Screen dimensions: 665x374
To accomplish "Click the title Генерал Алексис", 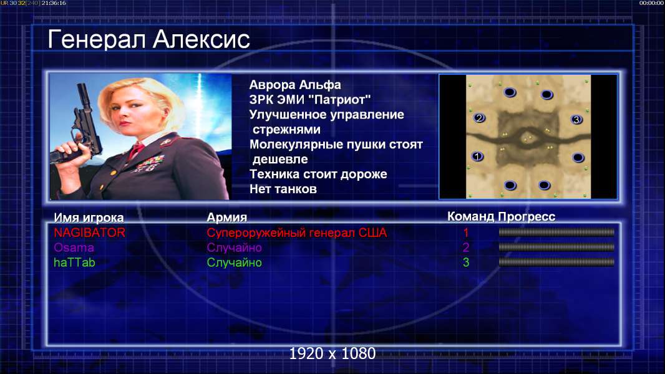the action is tap(149, 39).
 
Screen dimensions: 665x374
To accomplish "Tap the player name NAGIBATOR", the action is tap(89, 233).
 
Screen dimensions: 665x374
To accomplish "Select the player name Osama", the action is tap(74, 247).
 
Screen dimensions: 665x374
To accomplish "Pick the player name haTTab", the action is tap(75, 262).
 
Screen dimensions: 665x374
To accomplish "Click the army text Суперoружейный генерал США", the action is tap(297, 233).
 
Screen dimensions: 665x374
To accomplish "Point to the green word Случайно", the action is tap(234, 262).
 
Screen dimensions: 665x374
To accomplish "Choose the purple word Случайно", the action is tap(234, 247).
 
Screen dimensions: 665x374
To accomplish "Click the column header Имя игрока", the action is tap(89, 218).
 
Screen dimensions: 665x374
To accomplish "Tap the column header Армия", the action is tap(226, 218).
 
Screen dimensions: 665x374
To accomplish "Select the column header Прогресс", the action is tap(527, 217).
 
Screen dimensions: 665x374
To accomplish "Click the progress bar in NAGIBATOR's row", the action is tap(556, 232).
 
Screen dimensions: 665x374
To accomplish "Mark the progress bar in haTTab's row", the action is tap(556, 262).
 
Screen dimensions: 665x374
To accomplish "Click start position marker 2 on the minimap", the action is tap(479, 118).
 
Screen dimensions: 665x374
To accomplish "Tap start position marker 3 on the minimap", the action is tap(576, 120).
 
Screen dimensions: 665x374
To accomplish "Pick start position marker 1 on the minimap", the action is tap(477, 156).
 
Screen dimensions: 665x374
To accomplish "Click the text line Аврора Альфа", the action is tap(294, 85).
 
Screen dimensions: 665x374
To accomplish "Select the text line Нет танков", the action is tap(283, 189).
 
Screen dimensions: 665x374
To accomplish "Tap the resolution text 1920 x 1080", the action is tap(332, 353).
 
